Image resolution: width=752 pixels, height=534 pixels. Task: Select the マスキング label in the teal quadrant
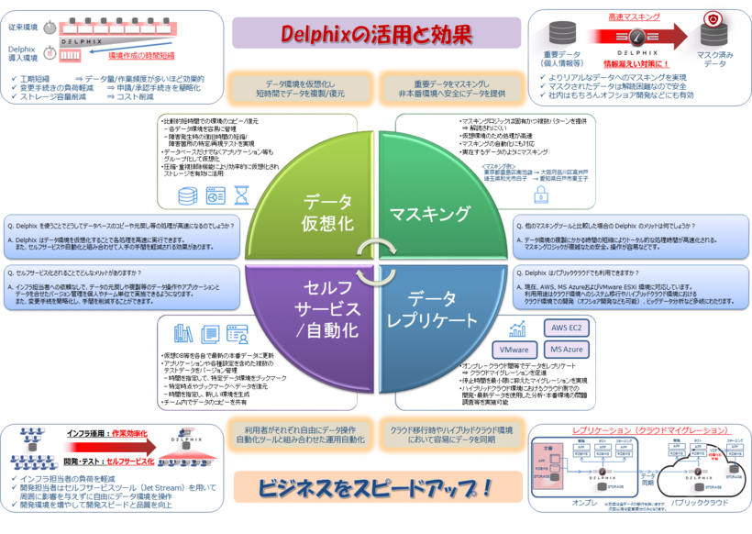pos(430,214)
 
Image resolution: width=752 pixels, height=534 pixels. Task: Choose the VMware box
pos(515,350)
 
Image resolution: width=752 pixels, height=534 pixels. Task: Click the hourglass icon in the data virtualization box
pos(242,195)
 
